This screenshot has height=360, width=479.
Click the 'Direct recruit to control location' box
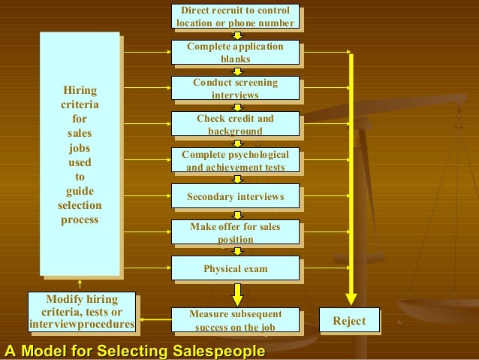tap(235, 17)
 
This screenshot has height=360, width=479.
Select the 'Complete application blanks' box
tap(235, 52)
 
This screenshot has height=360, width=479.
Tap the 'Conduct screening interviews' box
tap(235, 88)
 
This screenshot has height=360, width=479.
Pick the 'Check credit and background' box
tap(235, 124)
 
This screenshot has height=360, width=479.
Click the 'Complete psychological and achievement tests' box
tap(235, 161)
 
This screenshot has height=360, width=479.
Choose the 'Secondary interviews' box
tap(235, 196)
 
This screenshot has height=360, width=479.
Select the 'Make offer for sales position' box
tap(235, 232)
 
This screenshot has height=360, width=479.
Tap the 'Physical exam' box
tap(235, 268)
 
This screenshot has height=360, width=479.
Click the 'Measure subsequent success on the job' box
tap(235, 319)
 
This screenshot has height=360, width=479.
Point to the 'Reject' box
tap(349, 321)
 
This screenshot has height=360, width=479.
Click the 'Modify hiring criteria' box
tap(82, 313)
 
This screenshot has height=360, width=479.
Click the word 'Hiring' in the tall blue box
tap(80, 91)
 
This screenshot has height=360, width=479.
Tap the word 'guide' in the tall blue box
tap(80, 191)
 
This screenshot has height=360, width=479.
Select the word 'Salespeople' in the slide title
tap(218, 351)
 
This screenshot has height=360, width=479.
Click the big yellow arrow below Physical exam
tap(237, 293)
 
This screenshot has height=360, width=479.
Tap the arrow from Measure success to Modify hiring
tap(154, 321)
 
